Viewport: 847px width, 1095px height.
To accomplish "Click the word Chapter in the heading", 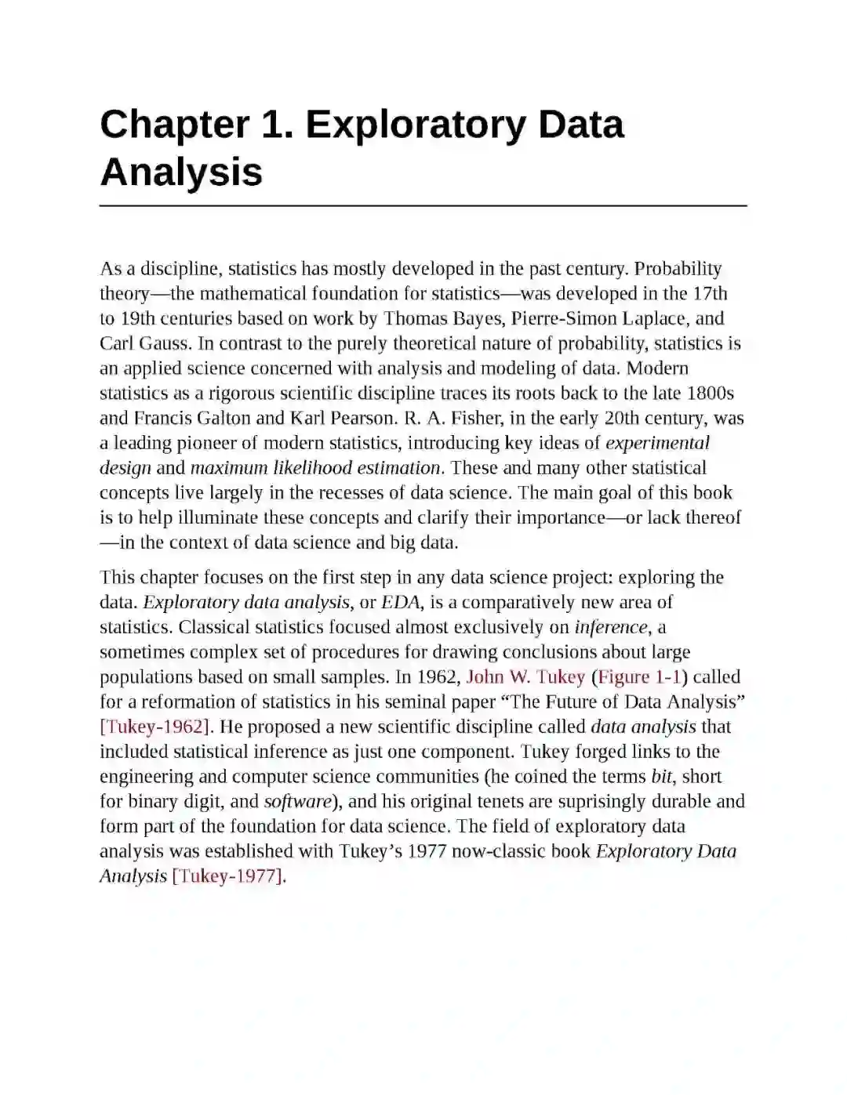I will pyautogui.click(x=175, y=125).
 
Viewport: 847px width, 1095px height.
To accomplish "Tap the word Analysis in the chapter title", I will pyautogui.click(x=181, y=172).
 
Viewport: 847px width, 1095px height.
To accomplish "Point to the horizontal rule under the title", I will pyautogui.click(x=423, y=206).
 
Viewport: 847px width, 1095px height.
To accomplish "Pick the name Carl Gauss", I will pyautogui.click(x=144, y=344).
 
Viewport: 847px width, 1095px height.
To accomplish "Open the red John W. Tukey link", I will pyautogui.click(x=525, y=677).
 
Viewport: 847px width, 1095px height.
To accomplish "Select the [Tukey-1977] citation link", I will pyautogui.click(x=227, y=876).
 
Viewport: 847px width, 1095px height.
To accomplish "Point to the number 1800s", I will pyautogui.click(x=711, y=393).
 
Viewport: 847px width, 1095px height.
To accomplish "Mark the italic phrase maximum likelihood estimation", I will pyautogui.click(x=315, y=469).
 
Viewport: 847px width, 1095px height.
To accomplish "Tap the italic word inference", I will pyautogui.click(x=611, y=628).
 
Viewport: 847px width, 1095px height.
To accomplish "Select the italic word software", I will pyautogui.click(x=298, y=802).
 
